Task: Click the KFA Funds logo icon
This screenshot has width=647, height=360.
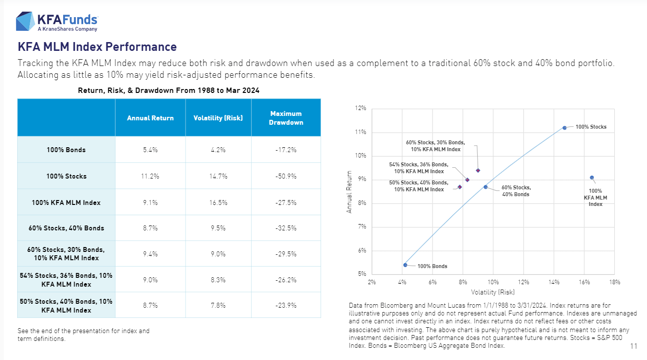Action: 25,22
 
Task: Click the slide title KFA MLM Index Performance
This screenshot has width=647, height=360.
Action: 97,47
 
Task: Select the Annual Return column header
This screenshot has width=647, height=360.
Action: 150,118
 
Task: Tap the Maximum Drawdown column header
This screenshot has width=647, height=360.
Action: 286,118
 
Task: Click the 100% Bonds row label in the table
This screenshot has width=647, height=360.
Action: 66,150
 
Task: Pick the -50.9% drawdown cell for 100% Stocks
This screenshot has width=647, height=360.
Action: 286,176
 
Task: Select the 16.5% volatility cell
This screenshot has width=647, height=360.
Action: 218,202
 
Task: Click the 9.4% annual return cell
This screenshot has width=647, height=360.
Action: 150,253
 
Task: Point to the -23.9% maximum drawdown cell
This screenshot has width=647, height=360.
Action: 286,305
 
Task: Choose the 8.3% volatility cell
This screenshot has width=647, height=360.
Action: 218,279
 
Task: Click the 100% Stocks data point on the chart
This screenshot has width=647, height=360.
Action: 564,128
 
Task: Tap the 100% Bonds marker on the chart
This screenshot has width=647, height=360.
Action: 405,265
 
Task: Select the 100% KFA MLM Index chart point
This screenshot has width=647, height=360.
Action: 592,178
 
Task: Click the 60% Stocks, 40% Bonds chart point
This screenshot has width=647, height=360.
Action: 485,187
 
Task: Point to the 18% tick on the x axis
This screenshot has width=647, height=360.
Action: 615,282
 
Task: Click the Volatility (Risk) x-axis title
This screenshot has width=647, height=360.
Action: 493,292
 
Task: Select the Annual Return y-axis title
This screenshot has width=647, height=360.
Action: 349,191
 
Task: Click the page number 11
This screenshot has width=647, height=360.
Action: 634,346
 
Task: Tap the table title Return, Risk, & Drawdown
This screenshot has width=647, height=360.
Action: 169,90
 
